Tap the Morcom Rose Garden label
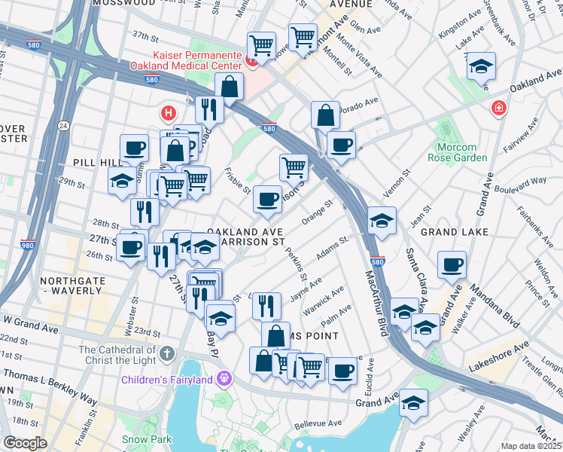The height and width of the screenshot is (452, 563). click(x=457, y=152)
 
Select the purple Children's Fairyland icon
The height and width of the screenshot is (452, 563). click(x=224, y=379)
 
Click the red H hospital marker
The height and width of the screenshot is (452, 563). click(x=169, y=115)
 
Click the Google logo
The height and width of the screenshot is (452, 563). click(x=25, y=443)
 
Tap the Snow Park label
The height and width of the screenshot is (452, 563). click(x=147, y=439)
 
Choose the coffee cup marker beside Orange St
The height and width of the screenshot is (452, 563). click(x=267, y=200)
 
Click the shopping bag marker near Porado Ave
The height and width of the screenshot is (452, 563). click(x=325, y=118)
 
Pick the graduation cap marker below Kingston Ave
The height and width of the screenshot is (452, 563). click(x=480, y=68)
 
